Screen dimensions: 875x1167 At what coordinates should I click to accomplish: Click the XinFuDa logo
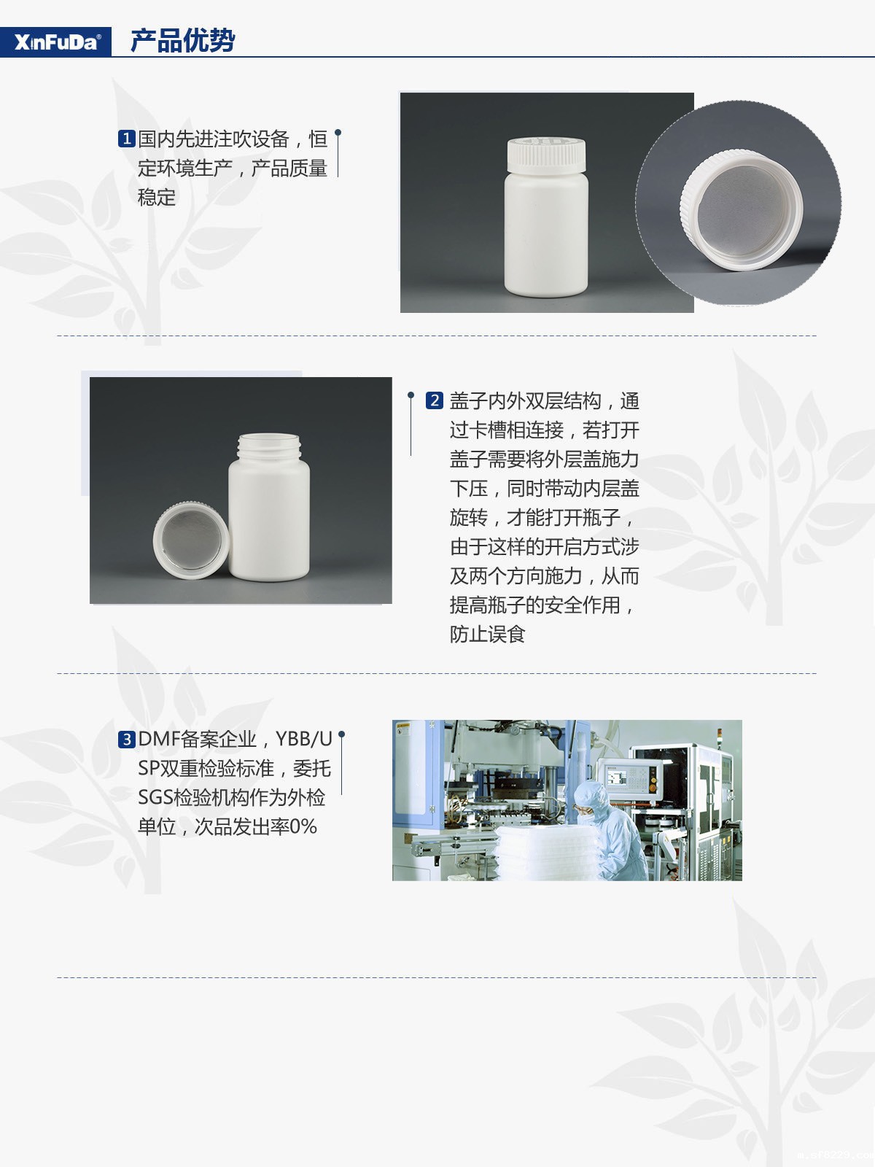tap(56, 42)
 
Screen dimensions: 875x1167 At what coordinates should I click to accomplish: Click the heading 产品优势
tap(183, 40)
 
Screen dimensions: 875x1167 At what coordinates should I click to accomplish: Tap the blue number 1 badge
tap(126, 139)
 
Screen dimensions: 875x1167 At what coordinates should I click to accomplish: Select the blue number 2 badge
tap(434, 400)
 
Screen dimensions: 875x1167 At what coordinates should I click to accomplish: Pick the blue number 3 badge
tap(126, 740)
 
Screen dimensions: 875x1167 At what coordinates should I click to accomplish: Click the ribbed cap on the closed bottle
tap(546, 155)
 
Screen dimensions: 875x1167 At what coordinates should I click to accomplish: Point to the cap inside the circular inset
tap(742, 209)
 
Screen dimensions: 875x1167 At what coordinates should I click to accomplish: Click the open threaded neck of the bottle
tap(269, 447)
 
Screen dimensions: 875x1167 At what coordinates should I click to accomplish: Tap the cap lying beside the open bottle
tap(191, 540)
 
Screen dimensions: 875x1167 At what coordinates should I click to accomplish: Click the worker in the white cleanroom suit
tap(611, 829)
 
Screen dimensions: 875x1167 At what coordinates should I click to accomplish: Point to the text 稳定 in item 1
tap(156, 197)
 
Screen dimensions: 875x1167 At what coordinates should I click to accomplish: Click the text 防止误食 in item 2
tap(487, 634)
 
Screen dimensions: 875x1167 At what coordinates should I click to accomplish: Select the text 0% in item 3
tap(303, 826)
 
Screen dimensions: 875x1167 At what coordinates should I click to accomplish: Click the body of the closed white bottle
tap(546, 234)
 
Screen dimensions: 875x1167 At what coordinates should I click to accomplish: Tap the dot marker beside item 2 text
tap(411, 395)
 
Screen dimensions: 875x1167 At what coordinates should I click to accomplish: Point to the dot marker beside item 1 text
tap(338, 132)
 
